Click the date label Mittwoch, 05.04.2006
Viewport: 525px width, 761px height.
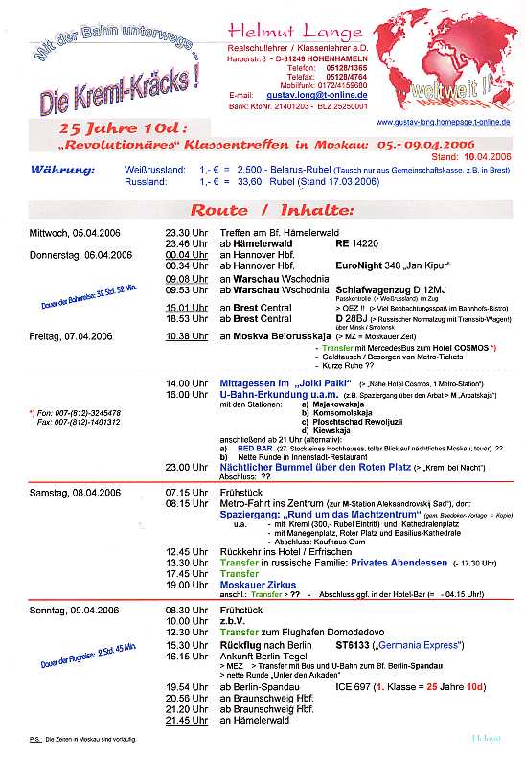coord(72,233)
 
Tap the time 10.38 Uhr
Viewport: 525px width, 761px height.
coord(186,336)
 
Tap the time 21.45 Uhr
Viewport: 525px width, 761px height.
coord(186,720)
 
